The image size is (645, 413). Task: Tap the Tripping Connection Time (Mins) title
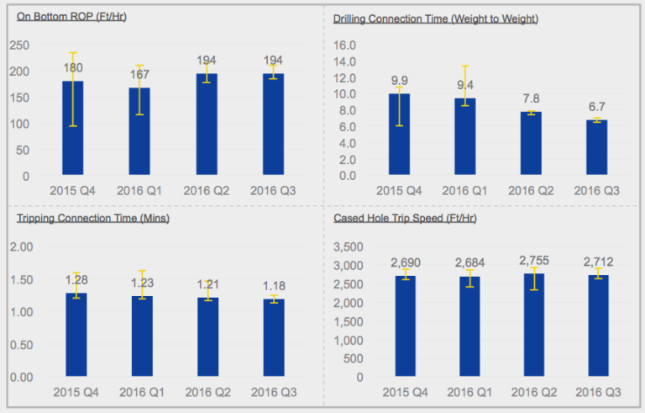click(x=92, y=218)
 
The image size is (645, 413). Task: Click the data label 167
click(x=139, y=75)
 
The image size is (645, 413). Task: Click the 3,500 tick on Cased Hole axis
click(x=346, y=246)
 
